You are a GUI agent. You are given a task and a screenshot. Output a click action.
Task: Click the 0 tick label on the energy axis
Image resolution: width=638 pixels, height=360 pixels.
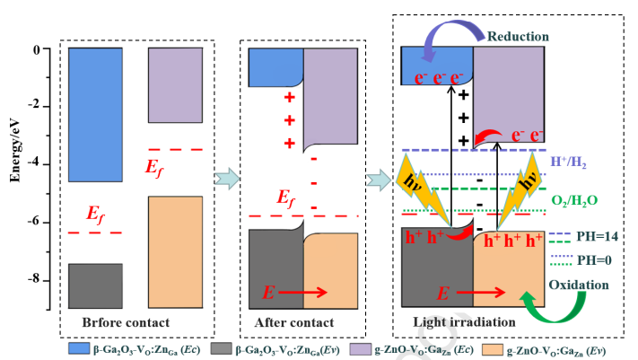tap(39, 51)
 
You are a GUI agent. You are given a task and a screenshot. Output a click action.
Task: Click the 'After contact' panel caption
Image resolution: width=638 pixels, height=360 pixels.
tap(293, 322)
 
